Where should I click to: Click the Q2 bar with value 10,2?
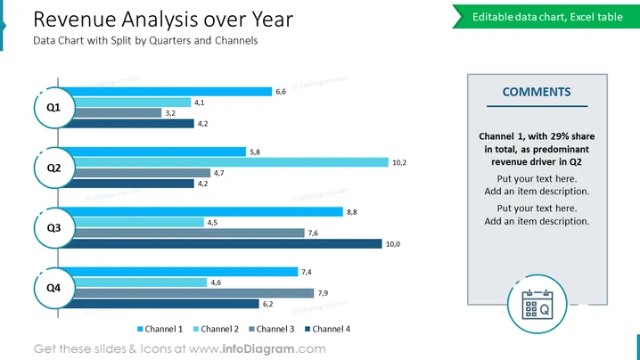231,162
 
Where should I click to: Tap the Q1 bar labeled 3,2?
118,112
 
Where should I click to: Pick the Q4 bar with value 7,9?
194,293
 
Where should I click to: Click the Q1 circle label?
54,108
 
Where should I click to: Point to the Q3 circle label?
54,228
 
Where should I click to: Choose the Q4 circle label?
54,288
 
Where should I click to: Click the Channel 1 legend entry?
160,329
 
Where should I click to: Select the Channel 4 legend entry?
328,329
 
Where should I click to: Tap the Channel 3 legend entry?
272,329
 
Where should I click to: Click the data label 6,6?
281,92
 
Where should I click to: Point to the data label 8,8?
352,212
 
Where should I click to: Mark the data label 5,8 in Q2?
255,152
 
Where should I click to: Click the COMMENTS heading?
537,93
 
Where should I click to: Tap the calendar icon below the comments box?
537,304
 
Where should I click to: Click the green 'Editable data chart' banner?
546,17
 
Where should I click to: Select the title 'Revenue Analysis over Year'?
163,20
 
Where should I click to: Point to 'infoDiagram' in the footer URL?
258,349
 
